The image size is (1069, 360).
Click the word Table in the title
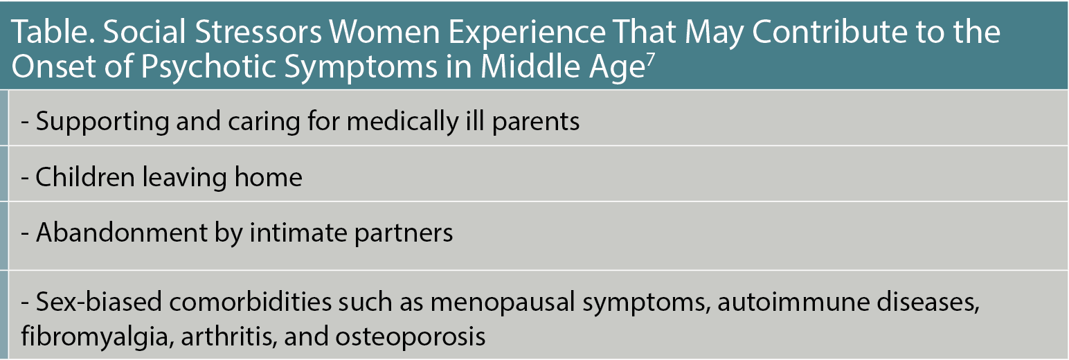coord(52,32)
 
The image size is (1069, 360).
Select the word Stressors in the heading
coord(258,32)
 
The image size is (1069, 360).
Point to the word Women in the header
coord(384,32)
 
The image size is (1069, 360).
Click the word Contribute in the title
coord(828,32)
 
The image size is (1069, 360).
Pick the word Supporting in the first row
coord(102,121)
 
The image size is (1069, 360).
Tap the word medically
coord(402,121)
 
